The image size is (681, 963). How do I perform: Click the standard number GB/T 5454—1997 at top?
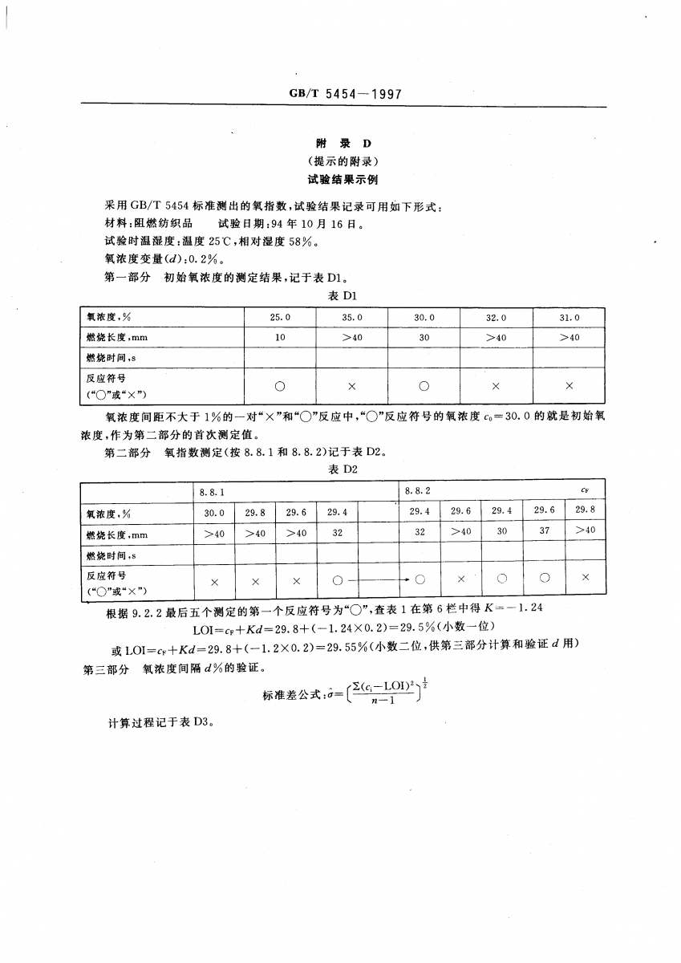344,95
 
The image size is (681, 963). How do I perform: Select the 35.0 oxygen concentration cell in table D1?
351,318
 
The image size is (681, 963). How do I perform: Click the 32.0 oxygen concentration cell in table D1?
495,318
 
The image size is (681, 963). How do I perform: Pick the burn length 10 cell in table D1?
280,338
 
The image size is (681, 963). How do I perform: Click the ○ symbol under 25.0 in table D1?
280,386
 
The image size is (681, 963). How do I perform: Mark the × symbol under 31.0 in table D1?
569,386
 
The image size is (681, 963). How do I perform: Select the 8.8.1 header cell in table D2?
213,490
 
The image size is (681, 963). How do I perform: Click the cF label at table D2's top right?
586,490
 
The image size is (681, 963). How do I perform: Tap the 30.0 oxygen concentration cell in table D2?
214,511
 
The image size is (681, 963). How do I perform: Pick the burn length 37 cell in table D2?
545,531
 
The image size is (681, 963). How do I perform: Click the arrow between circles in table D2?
377,579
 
